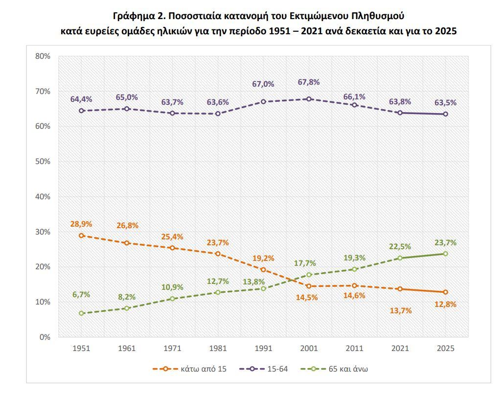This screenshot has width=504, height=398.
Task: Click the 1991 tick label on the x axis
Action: coord(263,349)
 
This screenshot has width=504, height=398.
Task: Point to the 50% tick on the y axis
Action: coord(43,162)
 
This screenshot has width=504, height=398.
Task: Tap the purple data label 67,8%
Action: coord(309,82)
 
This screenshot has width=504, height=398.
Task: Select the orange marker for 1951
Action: coord(81,235)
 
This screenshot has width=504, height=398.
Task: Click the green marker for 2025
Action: coord(445,254)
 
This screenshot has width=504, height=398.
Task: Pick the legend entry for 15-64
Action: coord(264,369)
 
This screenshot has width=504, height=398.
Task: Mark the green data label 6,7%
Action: coord(81,295)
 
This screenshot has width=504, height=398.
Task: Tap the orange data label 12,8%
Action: coord(445,304)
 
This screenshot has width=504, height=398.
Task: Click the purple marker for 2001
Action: coord(309,99)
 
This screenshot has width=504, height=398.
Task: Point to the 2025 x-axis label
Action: coord(445,349)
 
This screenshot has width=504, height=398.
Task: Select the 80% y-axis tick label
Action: coord(43,56)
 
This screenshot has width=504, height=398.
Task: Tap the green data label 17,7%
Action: coord(305,263)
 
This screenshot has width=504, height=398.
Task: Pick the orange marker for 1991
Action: coord(263,270)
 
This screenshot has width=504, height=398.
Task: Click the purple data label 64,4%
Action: coord(81,99)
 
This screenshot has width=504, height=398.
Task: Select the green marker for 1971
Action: coord(172,299)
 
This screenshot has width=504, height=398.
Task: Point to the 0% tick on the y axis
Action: coord(45,337)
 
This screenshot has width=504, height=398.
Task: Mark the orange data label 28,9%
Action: coord(81,224)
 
